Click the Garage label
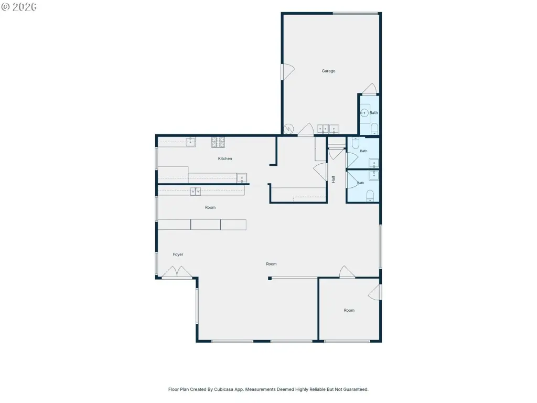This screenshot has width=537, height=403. click(x=328, y=71)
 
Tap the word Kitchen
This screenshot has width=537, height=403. click(x=225, y=158)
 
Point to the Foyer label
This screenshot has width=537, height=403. click(x=178, y=254)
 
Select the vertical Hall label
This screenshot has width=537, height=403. click(x=333, y=179)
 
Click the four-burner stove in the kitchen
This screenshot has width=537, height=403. click(x=218, y=143)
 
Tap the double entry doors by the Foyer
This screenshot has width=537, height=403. click(x=177, y=272)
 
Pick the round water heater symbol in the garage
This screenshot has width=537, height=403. click(x=289, y=129)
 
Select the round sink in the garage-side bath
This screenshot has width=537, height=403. click(x=364, y=113)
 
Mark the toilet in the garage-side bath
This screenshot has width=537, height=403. click(x=374, y=129)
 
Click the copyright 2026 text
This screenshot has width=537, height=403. click(x=19, y=7)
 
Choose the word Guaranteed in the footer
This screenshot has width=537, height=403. click(x=356, y=389)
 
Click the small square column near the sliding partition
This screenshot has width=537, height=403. click(x=270, y=278)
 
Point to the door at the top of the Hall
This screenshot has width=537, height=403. click(x=336, y=154)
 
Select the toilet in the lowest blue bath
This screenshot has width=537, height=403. click(x=370, y=196)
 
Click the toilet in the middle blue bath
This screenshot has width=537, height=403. click(x=356, y=143)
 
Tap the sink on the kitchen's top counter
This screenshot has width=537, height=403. click(x=190, y=142)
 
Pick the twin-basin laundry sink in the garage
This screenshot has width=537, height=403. click(x=328, y=129)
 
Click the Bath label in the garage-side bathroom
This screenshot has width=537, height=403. click(x=373, y=113)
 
